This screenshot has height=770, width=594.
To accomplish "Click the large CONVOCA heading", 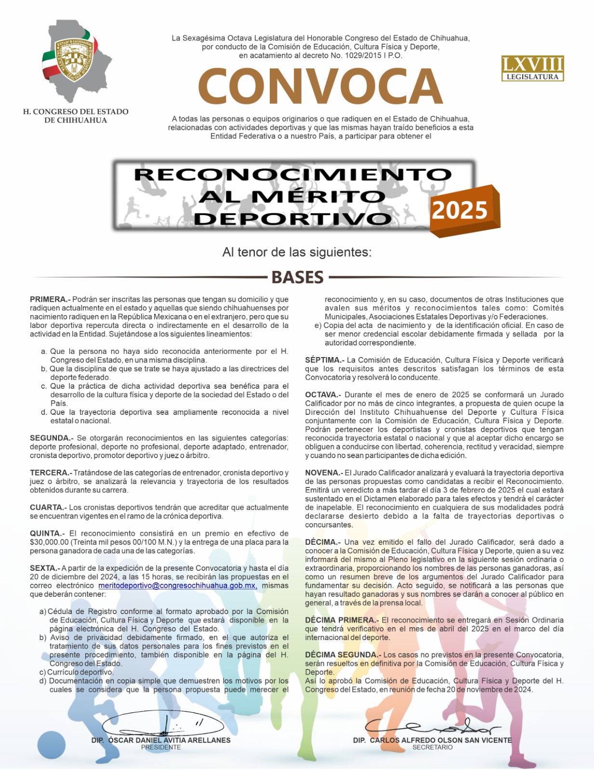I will coord(320,87).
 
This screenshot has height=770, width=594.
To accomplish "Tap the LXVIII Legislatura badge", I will coord(532,68).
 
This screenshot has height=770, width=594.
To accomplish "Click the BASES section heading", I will coord(297,278).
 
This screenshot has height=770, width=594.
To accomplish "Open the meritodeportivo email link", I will coord(177,586).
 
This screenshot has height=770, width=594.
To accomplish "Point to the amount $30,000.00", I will coord(49,542).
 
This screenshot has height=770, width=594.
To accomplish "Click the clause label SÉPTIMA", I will coord(324,360).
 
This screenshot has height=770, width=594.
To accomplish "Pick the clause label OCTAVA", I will coord(323,395).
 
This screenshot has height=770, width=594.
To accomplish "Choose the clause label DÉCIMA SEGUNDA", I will coord(343,654).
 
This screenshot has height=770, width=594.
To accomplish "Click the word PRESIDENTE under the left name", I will coord(161,747).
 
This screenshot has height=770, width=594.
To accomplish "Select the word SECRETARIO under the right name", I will coord(432,747).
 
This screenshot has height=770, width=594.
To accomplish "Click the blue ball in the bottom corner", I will coord(51,745).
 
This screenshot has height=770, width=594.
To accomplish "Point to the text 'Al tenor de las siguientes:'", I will coord(297,252).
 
